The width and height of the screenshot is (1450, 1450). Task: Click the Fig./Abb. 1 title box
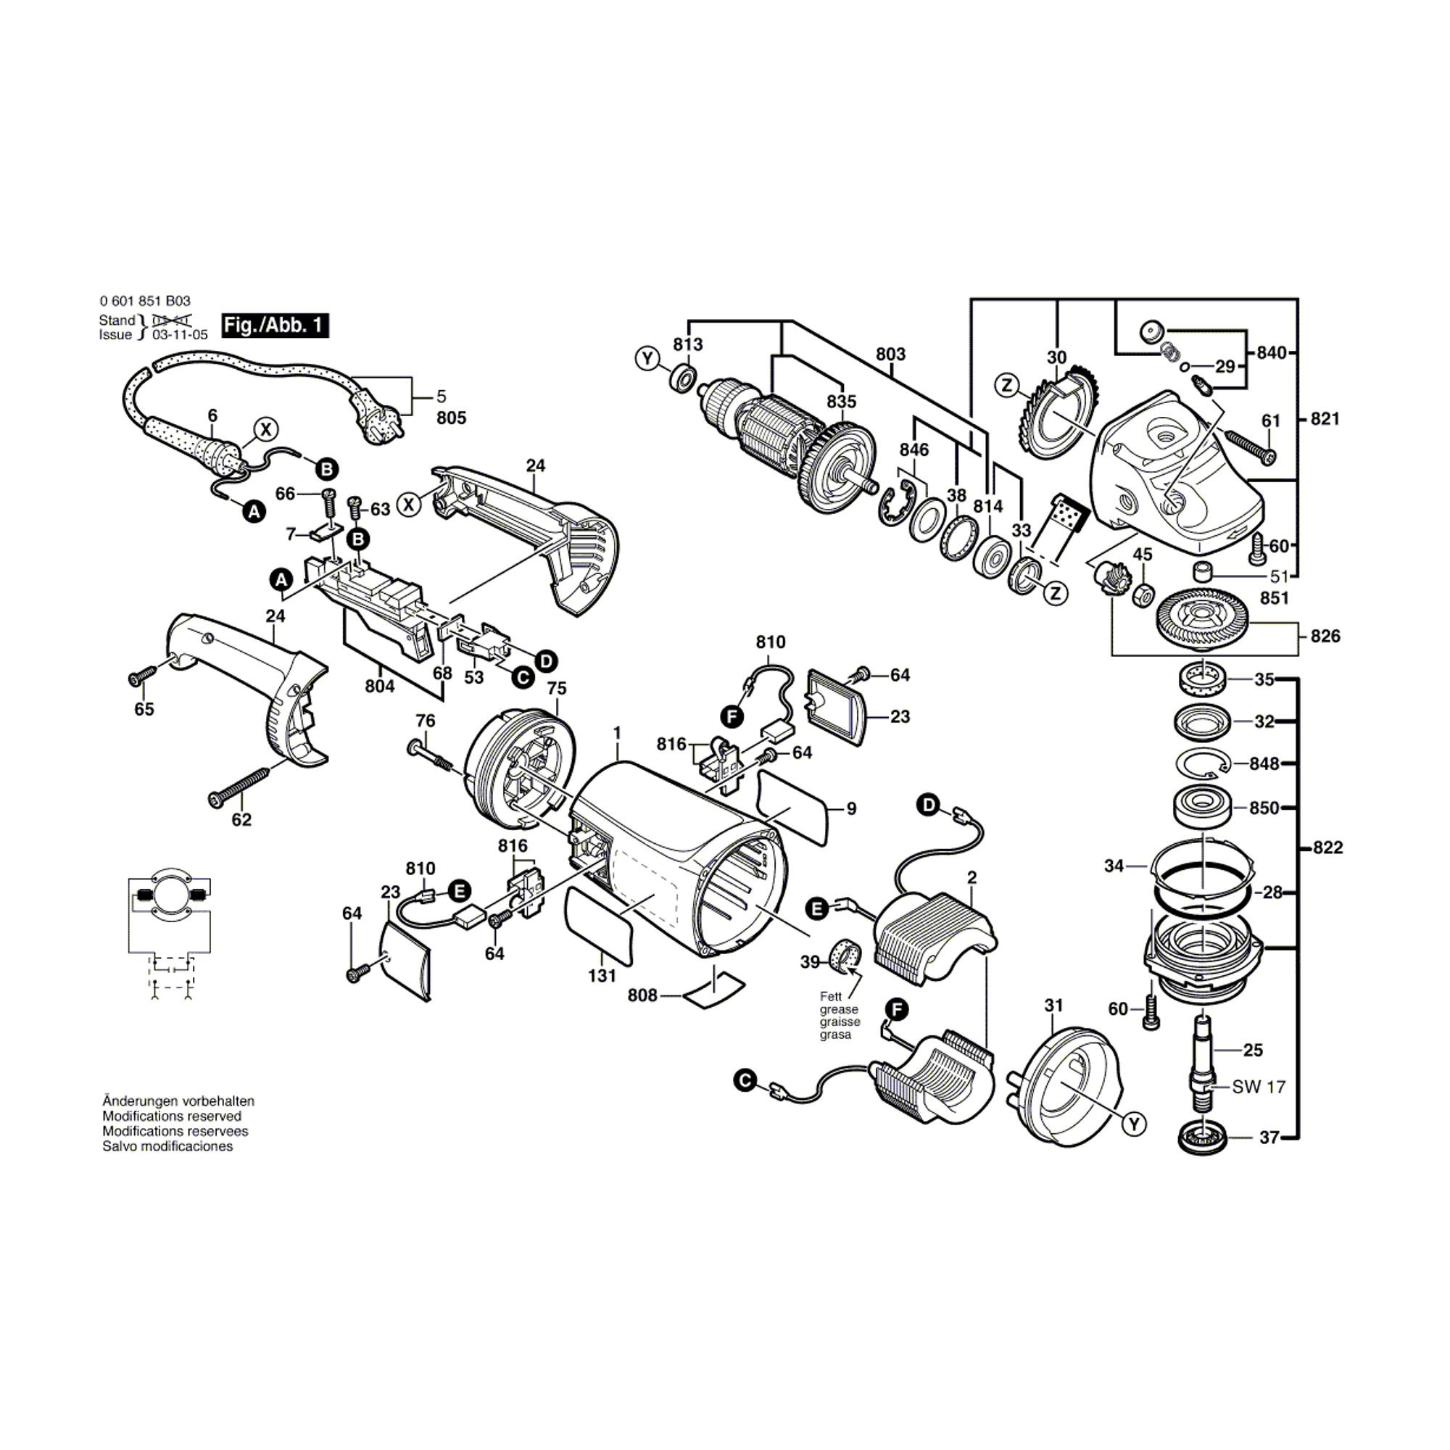point(275,325)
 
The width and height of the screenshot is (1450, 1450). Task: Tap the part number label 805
point(451,418)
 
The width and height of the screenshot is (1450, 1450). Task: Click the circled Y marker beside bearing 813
point(647,359)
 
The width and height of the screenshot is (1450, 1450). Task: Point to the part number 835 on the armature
point(841,402)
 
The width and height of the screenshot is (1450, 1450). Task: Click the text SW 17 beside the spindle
point(1259,1086)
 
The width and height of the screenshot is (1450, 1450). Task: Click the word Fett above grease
point(831,997)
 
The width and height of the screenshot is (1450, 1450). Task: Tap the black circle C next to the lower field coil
point(745,1081)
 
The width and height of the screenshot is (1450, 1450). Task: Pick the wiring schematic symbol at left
point(169,931)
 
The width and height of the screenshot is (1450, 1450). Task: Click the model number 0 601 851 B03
point(145,301)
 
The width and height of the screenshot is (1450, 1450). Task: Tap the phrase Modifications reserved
point(172,1116)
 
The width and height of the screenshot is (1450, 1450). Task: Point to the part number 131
point(602,975)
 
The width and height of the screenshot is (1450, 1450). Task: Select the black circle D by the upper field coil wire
point(929,805)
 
